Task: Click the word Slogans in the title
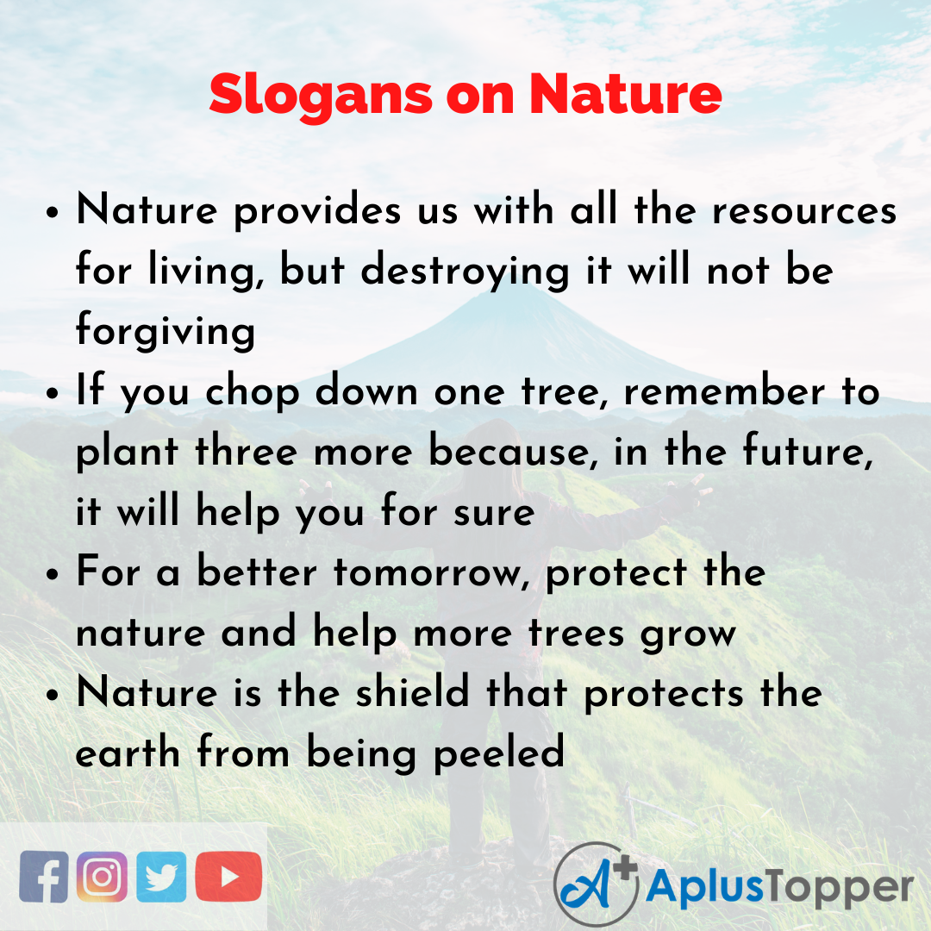[320, 95]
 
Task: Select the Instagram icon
[103, 876]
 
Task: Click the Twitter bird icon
[160, 876]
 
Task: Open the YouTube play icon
[228, 876]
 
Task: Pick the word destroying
[465, 272]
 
